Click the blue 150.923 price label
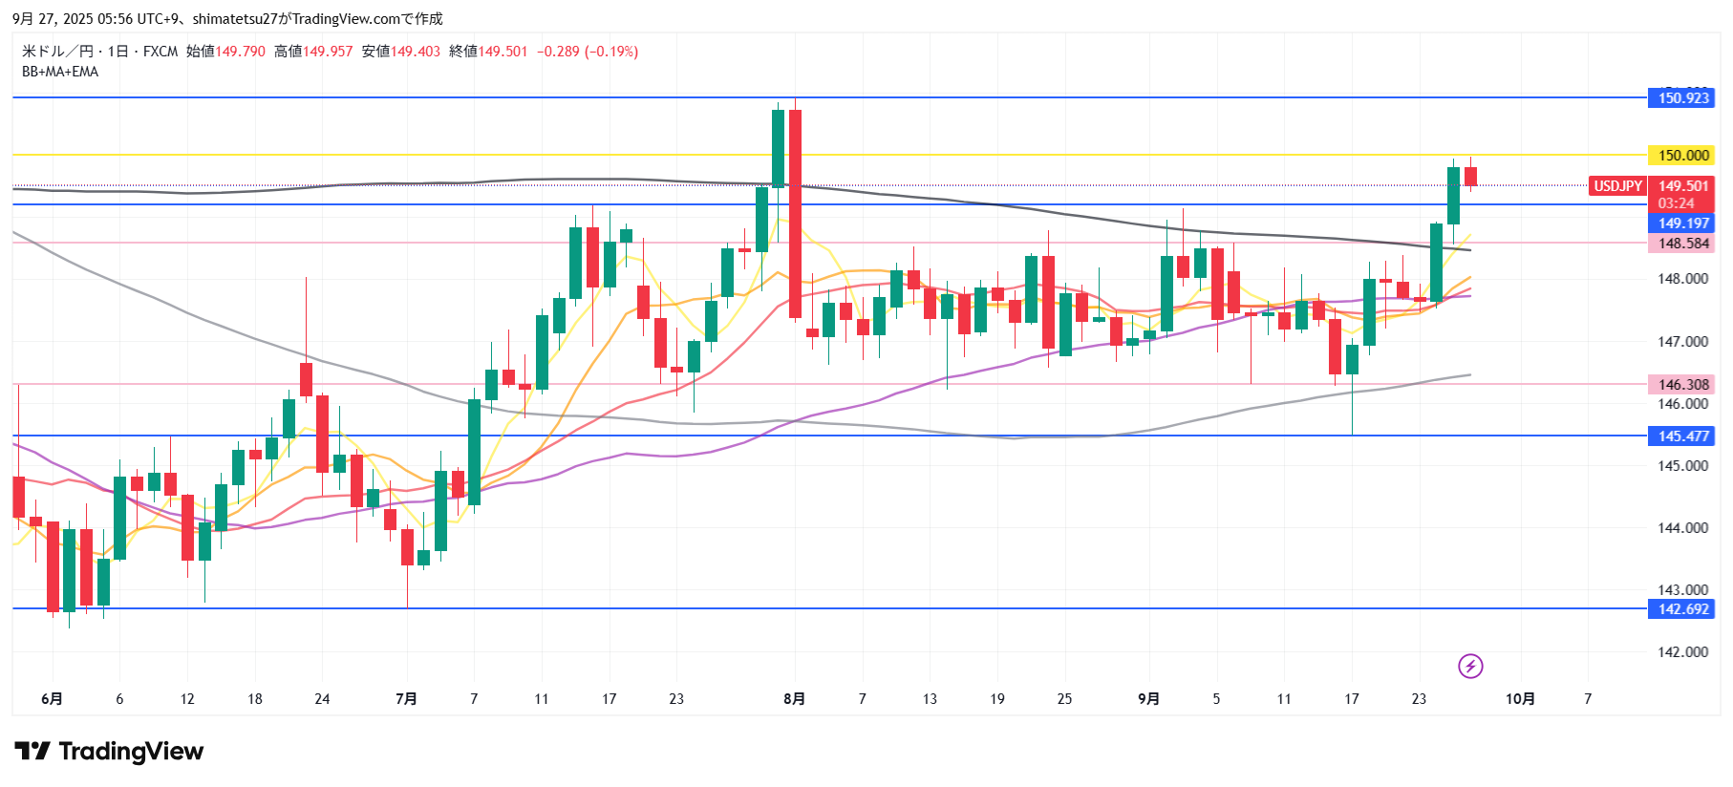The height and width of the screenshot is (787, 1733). (x=1681, y=97)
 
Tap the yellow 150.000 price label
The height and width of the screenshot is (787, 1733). (x=1681, y=155)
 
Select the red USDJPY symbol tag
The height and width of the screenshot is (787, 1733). (x=1617, y=186)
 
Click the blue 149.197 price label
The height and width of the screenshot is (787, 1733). (x=1681, y=223)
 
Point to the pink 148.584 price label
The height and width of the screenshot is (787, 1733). (x=1681, y=244)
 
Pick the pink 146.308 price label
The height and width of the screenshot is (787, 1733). (x=1681, y=385)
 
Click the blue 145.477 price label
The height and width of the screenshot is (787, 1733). (x=1681, y=436)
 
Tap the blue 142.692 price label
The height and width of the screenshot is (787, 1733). (x=1681, y=609)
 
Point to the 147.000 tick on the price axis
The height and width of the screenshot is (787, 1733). (x=1682, y=341)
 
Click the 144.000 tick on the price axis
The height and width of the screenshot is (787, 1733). (x=1682, y=527)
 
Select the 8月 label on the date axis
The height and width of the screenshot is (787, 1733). (x=794, y=699)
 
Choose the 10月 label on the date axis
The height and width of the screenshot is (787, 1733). (x=1520, y=699)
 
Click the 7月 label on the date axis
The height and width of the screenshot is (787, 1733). (x=406, y=699)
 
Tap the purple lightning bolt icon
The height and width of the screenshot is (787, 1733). (x=1470, y=666)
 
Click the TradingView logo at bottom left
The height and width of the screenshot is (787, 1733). (x=109, y=752)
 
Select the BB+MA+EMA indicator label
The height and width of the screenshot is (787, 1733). (x=60, y=72)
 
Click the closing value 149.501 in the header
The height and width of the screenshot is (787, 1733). (x=503, y=52)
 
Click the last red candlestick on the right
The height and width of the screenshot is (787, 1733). (x=1470, y=177)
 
